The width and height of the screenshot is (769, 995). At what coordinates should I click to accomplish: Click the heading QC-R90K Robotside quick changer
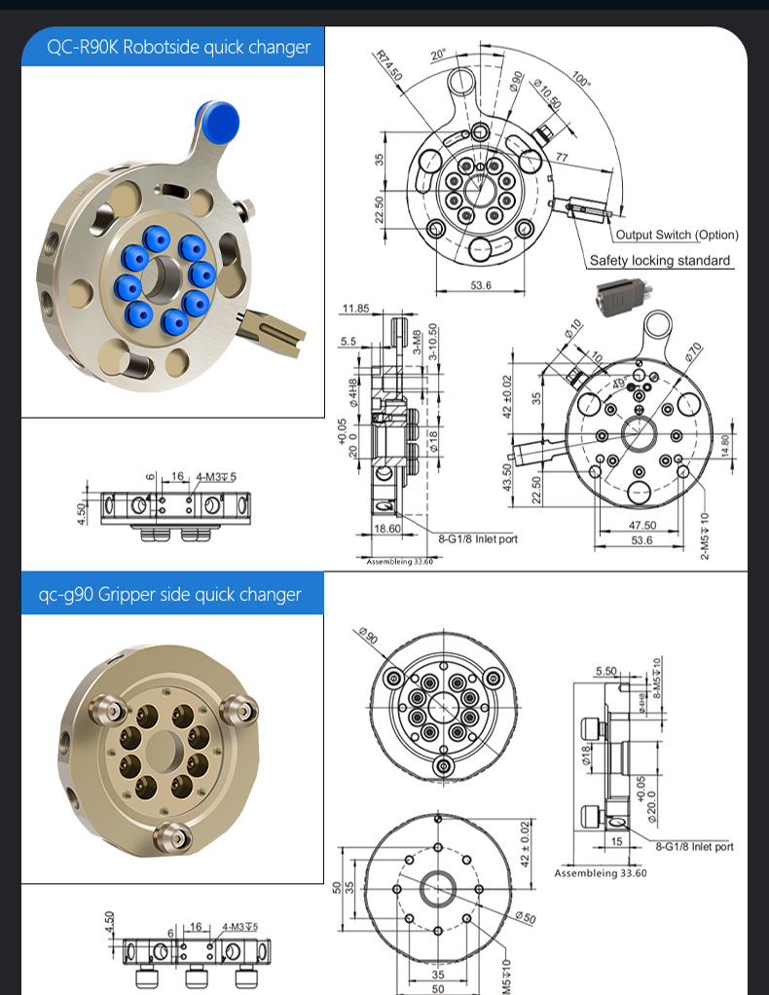point(179,47)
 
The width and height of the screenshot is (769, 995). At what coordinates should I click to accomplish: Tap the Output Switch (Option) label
point(677,235)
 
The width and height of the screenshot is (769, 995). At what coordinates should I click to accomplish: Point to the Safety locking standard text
point(659,260)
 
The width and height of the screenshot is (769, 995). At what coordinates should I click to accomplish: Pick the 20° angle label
point(437,55)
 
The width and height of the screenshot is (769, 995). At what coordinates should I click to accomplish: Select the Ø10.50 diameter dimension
point(547,92)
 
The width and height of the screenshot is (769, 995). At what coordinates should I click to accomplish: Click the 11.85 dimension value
point(355,309)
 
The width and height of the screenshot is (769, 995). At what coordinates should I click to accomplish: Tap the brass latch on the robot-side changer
point(276,331)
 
